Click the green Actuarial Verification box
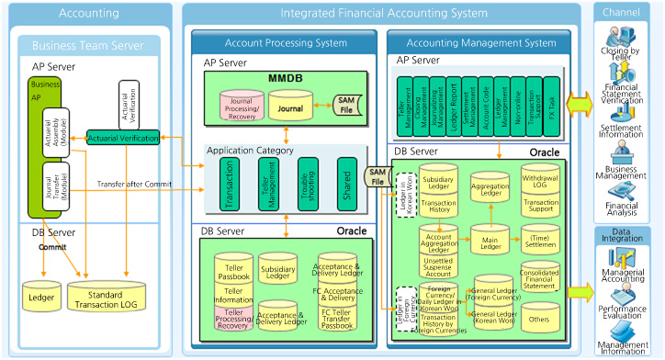(122, 138)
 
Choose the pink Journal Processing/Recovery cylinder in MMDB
(242, 108)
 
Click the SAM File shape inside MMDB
(344, 108)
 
